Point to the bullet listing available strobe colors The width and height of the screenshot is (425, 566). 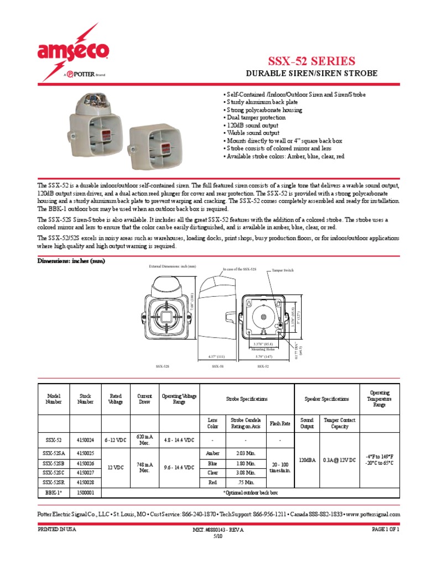point(285,156)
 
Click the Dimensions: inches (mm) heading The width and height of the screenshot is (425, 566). point(71,261)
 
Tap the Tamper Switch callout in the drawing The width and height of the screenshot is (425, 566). point(283,271)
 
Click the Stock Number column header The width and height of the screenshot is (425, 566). point(86,399)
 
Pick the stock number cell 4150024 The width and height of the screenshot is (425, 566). point(86,439)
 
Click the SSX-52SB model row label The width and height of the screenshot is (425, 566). point(54,463)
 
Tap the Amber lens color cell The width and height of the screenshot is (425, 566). point(212,453)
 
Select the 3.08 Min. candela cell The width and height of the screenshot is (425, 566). point(244,473)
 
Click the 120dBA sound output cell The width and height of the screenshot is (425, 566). point(307,459)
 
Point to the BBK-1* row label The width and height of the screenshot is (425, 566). point(54,491)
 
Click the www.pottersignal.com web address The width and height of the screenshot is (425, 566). point(374,514)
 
